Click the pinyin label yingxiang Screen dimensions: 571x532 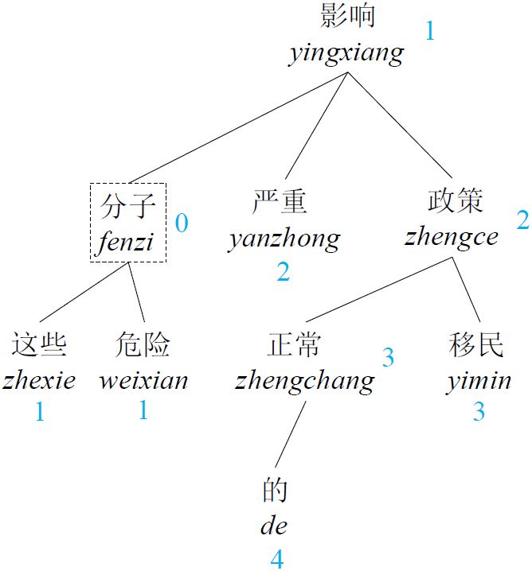[346, 53]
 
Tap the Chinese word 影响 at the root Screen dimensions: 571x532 [347, 16]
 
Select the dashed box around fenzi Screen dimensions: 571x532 [128, 222]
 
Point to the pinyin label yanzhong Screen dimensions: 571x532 [284, 238]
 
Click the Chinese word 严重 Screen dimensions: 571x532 [280, 201]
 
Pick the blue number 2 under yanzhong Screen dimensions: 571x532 [284, 273]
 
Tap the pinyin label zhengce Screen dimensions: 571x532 [452, 236]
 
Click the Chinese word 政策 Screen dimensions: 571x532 [454, 200]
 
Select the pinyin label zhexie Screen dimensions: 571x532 [39, 380]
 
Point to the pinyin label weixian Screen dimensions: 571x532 [143, 380]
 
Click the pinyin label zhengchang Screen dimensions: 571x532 [305, 380]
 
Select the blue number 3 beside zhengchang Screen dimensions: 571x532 [388, 358]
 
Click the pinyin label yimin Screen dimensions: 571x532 [478, 380]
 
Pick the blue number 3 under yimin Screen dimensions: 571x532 [479, 412]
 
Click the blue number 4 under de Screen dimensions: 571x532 [276, 559]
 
